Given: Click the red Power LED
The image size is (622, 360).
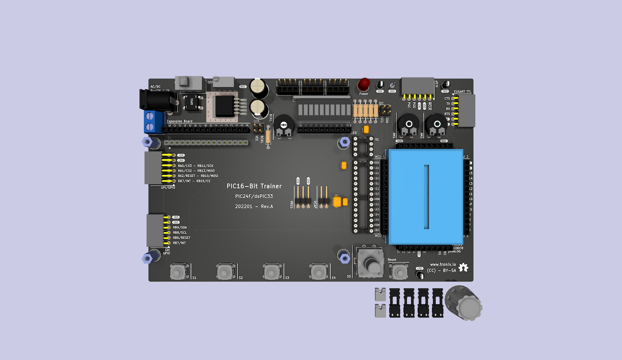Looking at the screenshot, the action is pos(363,84).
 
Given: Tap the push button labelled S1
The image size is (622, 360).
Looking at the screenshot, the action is pos(177,272).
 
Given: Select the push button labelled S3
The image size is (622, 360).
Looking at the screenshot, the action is pos(270,272).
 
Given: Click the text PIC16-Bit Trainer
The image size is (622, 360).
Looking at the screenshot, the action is pos(254,186).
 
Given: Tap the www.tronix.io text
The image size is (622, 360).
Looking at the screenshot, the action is pos(443,264).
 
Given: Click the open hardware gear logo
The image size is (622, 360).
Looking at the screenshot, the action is pos(464,267).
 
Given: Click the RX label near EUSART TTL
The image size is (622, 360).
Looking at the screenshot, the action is pos(447,109).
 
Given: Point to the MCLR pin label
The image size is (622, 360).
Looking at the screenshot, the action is pos(430,106).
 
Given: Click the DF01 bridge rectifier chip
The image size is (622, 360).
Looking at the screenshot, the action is pos(192,103).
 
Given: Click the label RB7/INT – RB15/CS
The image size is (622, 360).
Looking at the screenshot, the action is pos(194,181).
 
